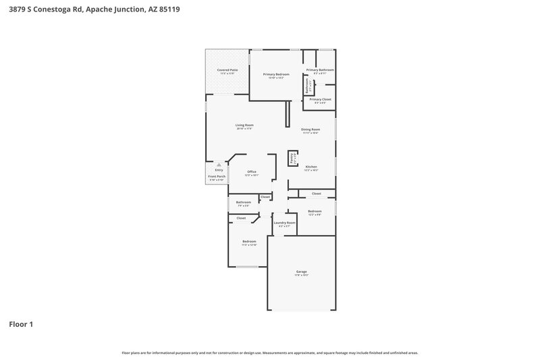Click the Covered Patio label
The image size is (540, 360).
[x=227, y=70]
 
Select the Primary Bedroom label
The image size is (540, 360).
[x=276, y=74]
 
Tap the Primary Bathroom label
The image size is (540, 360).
[x=320, y=70]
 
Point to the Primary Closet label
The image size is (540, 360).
[x=320, y=99]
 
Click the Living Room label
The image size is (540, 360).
[x=244, y=125]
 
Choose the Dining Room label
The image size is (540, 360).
[x=310, y=129]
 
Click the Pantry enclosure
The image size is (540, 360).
[x=293, y=158]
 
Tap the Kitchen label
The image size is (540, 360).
[x=310, y=166]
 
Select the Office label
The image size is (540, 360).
[x=252, y=172]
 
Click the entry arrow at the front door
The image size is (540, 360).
[x=219, y=163]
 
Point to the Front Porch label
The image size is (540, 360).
[x=217, y=177]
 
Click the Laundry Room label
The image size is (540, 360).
[x=284, y=223]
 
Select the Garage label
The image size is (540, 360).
[x=301, y=272]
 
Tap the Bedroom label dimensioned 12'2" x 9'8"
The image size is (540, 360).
[x=315, y=211]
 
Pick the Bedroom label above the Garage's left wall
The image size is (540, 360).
[x=249, y=241]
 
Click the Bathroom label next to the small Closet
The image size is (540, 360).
[x=244, y=202]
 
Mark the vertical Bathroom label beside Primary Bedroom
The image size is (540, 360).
[x=306, y=86]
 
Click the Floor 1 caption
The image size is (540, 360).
[x=21, y=324]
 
